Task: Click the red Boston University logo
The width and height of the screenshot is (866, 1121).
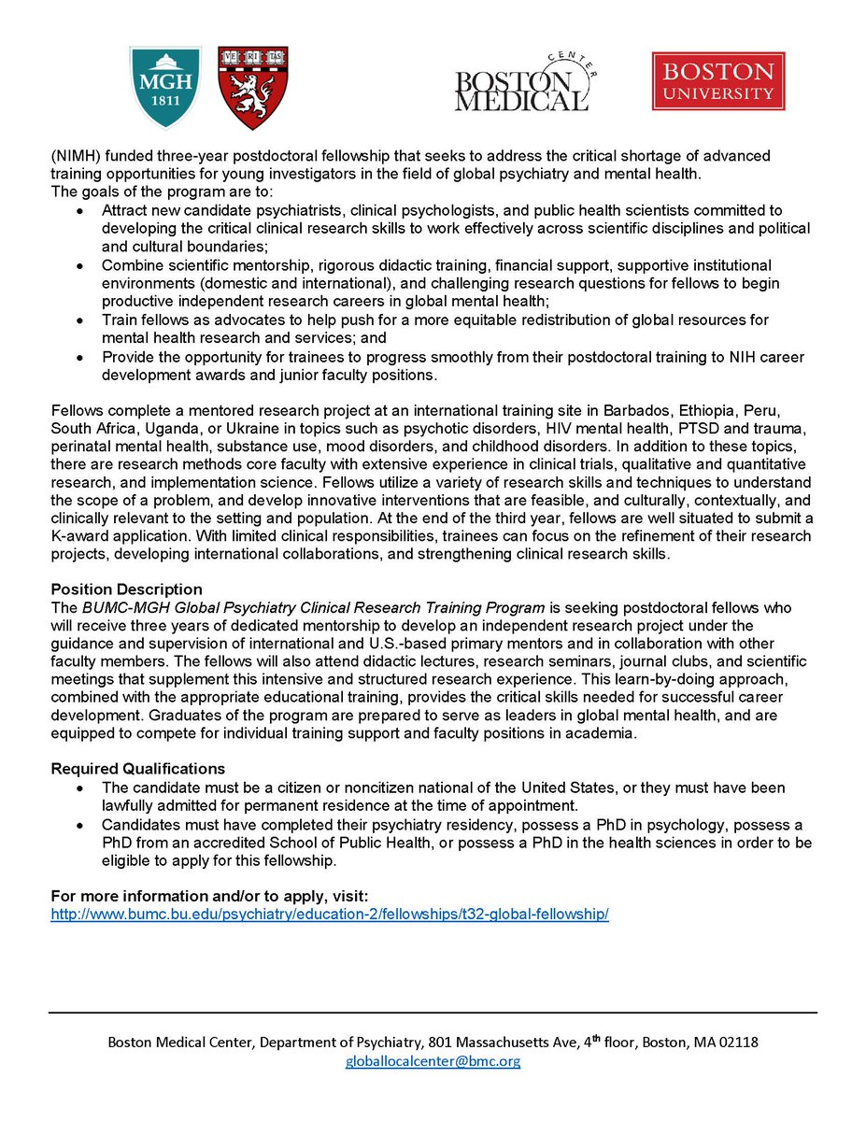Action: click(x=718, y=81)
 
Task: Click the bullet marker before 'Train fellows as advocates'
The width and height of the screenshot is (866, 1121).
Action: click(x=82, y=320)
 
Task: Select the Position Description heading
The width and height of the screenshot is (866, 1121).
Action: click(x=126, y=589)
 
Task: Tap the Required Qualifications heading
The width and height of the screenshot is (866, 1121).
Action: click(x=138, y=769)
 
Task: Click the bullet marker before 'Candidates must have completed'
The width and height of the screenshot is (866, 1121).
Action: click(x=82, y=826)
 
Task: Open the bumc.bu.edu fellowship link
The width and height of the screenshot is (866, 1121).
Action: click(x=330, y=913)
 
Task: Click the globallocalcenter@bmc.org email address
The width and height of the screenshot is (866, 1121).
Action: click(x=433, y=1061)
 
